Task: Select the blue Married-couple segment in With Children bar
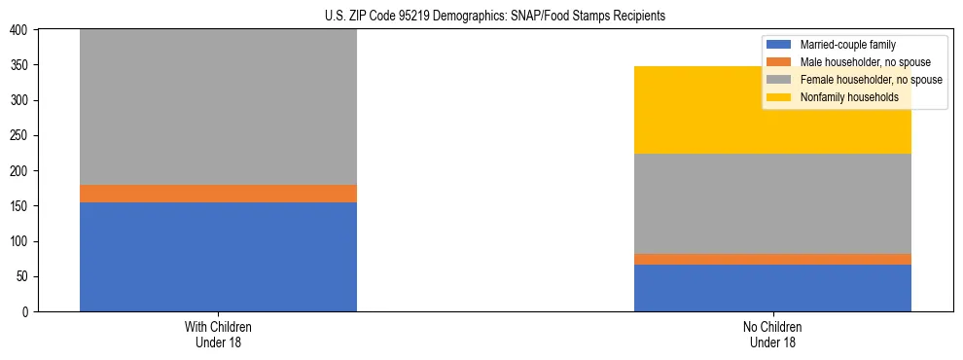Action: tap(218, 257)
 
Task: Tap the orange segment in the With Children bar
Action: tap(218, 194)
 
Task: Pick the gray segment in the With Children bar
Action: tap(218, 107)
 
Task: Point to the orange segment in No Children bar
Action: tap(772, 259)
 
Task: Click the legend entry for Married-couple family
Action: tap(847, 45)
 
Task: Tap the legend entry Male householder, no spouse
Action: tap(856, 62)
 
